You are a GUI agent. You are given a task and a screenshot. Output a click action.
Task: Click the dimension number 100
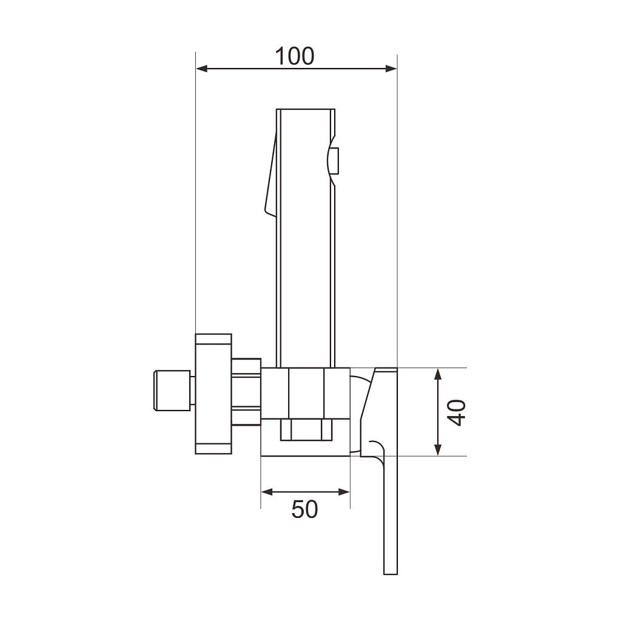coord(295,56)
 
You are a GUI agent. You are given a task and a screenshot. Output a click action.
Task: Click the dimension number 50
coord(304,509)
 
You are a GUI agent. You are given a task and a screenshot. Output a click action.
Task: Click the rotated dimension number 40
coord(458,412)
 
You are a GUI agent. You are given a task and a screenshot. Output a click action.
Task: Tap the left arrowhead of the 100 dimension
coord(201,69)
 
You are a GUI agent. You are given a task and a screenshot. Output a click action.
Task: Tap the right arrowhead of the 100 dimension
coord(392,69)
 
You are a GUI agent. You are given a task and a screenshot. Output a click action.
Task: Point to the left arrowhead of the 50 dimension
coord(267,492)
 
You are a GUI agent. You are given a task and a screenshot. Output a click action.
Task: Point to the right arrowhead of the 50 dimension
coord(344,492)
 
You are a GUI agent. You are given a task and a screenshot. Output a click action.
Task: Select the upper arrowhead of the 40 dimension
coord(438,374)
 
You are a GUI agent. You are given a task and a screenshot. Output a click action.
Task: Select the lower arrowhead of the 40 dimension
coord(438,451)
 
